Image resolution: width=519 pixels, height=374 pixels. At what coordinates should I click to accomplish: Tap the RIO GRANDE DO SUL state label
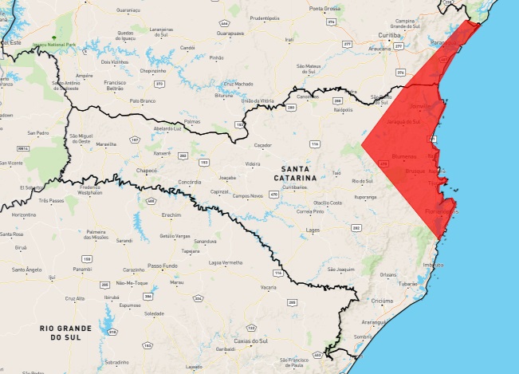tap(65, 333)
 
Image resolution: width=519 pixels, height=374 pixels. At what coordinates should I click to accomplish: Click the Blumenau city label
tap(406, 156)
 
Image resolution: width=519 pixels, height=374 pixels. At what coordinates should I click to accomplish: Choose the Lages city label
tap(313, 230)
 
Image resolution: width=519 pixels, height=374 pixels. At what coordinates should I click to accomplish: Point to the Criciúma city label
tap(382, 301)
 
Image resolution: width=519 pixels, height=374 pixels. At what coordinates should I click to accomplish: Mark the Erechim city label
tap(171, 215)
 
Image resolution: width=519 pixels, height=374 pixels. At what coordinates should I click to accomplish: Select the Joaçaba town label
tap(228, 178)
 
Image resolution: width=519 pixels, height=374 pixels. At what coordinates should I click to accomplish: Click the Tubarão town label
tap(410, 284)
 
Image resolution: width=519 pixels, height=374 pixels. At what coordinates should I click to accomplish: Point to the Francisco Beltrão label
tap(116, 86)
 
